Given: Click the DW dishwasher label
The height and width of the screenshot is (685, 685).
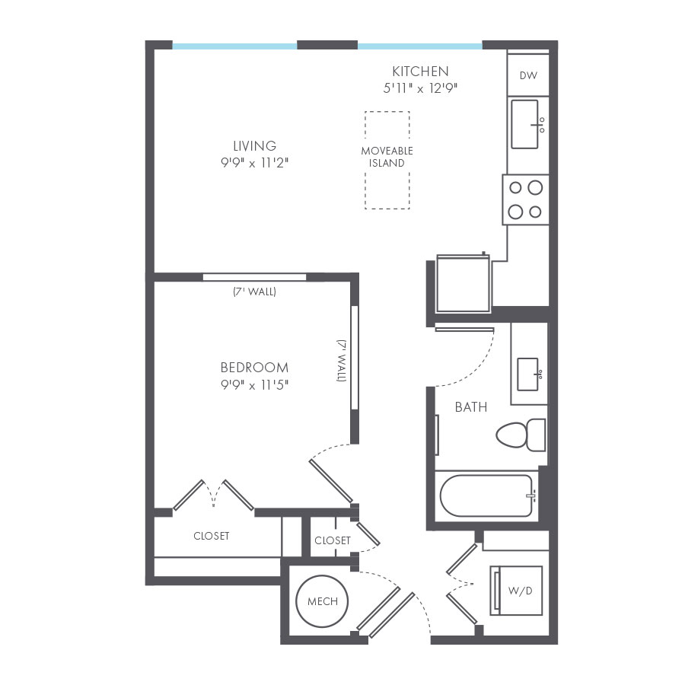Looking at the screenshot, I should click(528, 75).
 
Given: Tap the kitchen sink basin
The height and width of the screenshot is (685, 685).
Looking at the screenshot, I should click(524, 123).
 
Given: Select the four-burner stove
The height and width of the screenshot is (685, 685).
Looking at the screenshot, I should click(525, 199).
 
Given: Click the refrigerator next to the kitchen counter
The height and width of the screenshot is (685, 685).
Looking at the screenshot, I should click(463, 284).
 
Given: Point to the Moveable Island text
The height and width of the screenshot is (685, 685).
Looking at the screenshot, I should click(387, 157).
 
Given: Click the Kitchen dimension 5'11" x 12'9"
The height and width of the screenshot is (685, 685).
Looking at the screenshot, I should click(420, 88).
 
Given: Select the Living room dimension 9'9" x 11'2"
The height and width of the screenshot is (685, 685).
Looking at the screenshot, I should click(254, 162).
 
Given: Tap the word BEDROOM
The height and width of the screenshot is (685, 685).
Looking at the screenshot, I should click(254, 368).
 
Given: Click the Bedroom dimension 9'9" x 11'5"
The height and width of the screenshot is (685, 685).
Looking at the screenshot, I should click(254, 384).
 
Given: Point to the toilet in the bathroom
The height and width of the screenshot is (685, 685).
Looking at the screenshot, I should click(521, 435).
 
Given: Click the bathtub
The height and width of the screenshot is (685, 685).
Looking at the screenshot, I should click(486, 495).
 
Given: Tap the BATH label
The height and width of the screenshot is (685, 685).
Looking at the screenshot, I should click(470, 407).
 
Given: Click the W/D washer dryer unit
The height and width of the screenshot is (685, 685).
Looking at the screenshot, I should click(516, 590).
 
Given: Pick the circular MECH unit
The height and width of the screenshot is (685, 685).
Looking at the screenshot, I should click(322, 601).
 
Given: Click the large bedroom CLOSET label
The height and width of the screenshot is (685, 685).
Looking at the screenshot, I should click(211, 536).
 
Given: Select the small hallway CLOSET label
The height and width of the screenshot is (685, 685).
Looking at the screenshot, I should click(333, 540).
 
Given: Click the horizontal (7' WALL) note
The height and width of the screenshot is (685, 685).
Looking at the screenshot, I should click(254, 292).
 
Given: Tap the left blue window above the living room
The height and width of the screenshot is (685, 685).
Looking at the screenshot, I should click(234, 46).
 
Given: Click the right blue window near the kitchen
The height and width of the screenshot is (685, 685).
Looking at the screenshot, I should click(419, 46).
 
